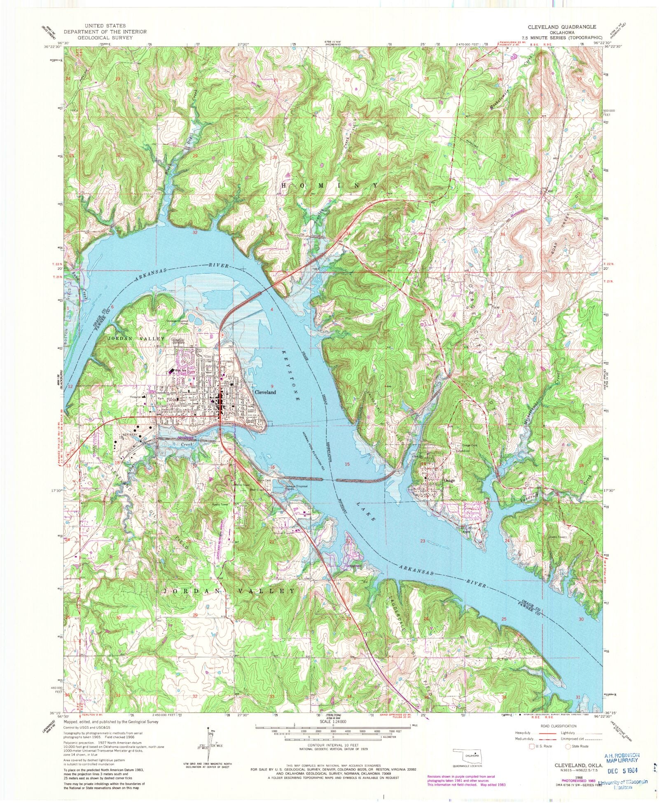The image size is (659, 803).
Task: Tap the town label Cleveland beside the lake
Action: click(265, 392)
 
